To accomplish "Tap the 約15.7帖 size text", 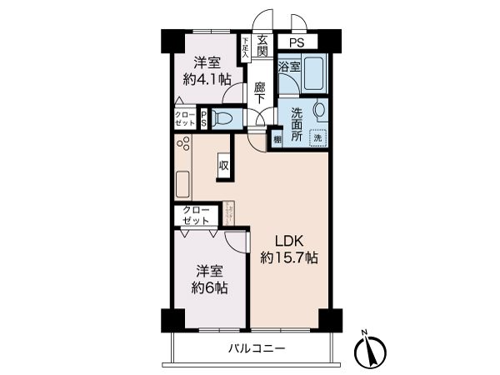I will point(288,258).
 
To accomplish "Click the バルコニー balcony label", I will point(257,348).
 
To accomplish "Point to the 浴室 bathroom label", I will point(289,66).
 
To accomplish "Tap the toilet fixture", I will point(222,118).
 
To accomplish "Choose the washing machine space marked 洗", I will point(317,139).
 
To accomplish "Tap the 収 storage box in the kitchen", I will point(223,165).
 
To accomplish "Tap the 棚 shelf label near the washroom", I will point(276,140).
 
